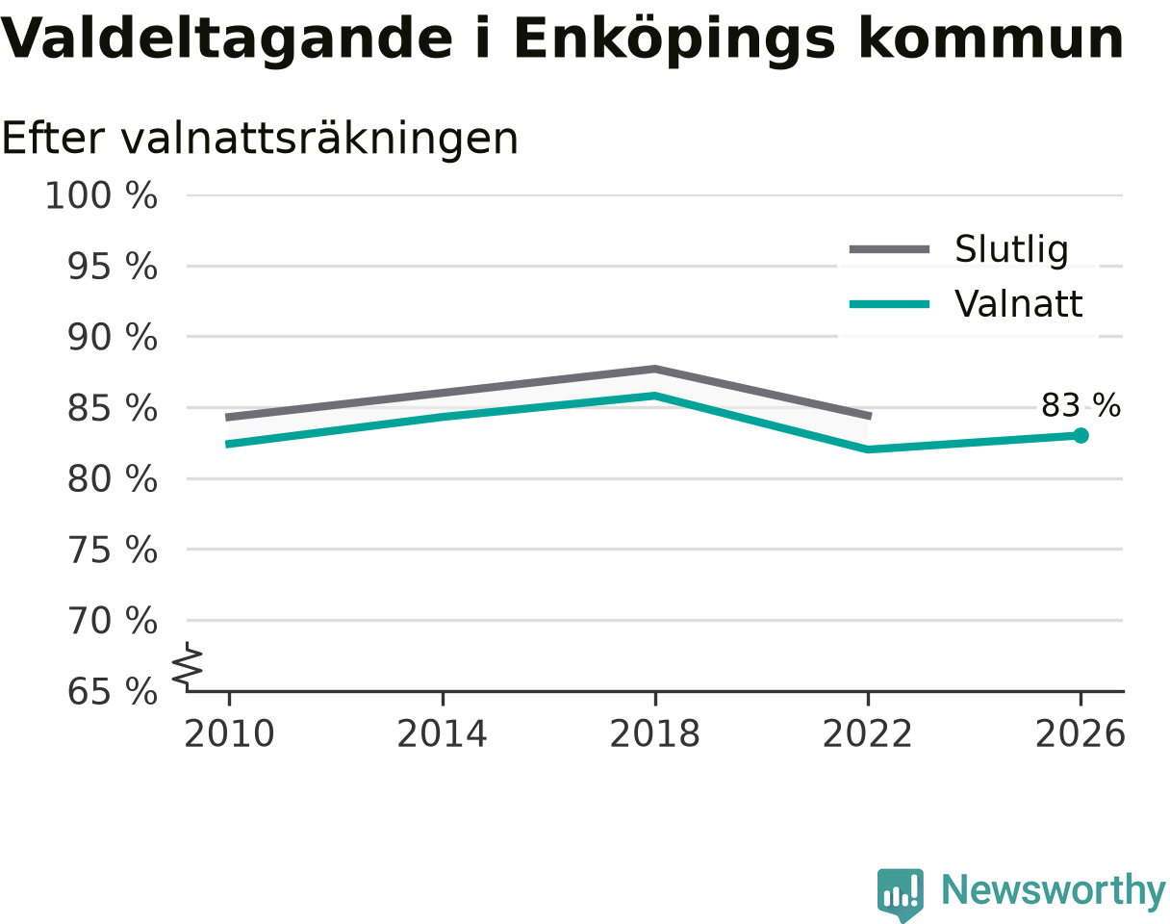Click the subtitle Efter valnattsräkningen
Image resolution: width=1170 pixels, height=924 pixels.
point(260,140)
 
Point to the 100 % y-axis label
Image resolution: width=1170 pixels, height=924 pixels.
point(101,195)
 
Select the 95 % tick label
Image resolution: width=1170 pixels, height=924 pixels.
point(112,267)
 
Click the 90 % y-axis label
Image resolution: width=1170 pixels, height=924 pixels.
point(112,338)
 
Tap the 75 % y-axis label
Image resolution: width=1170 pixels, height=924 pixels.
point(112,551)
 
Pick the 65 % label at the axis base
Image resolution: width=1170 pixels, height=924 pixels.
point(112,692)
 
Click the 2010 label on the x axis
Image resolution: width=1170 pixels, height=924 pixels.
point(229,734)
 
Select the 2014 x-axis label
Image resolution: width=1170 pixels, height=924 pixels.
point(442,734)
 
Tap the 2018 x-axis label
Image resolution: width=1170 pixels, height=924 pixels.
point(654,734)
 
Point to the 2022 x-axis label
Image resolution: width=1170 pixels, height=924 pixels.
point(867,734)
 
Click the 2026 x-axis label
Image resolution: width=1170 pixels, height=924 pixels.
point(1080,734)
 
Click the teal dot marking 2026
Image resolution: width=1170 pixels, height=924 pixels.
point(1081,436)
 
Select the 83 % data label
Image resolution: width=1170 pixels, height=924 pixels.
point(1081,406)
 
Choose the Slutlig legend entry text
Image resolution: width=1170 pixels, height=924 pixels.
point(1012,249)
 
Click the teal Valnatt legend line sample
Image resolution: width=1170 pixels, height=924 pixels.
point(889,304)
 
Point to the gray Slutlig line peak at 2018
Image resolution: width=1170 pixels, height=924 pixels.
point(654,370)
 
